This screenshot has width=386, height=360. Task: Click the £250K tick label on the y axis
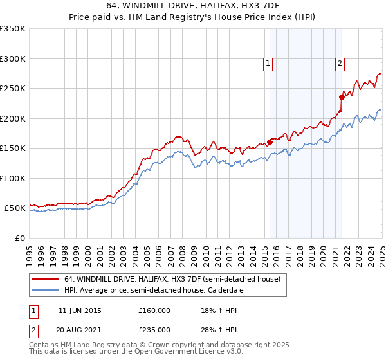[13, 89]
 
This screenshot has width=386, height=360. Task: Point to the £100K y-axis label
[13, 178]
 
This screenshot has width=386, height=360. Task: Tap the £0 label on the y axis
[19, 238]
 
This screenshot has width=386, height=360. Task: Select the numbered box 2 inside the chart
[339, 63]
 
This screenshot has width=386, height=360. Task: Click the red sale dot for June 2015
[270, 142]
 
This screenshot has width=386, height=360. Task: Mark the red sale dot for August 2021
[342, 98]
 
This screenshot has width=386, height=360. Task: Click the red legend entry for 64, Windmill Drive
[172, 280]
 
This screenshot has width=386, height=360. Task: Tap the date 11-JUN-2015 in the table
[80, 310]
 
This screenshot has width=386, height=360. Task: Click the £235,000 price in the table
[154, 329]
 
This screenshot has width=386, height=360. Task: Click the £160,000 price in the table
[154, 310]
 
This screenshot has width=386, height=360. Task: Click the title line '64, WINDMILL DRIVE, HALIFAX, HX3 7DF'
[193, 6]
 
